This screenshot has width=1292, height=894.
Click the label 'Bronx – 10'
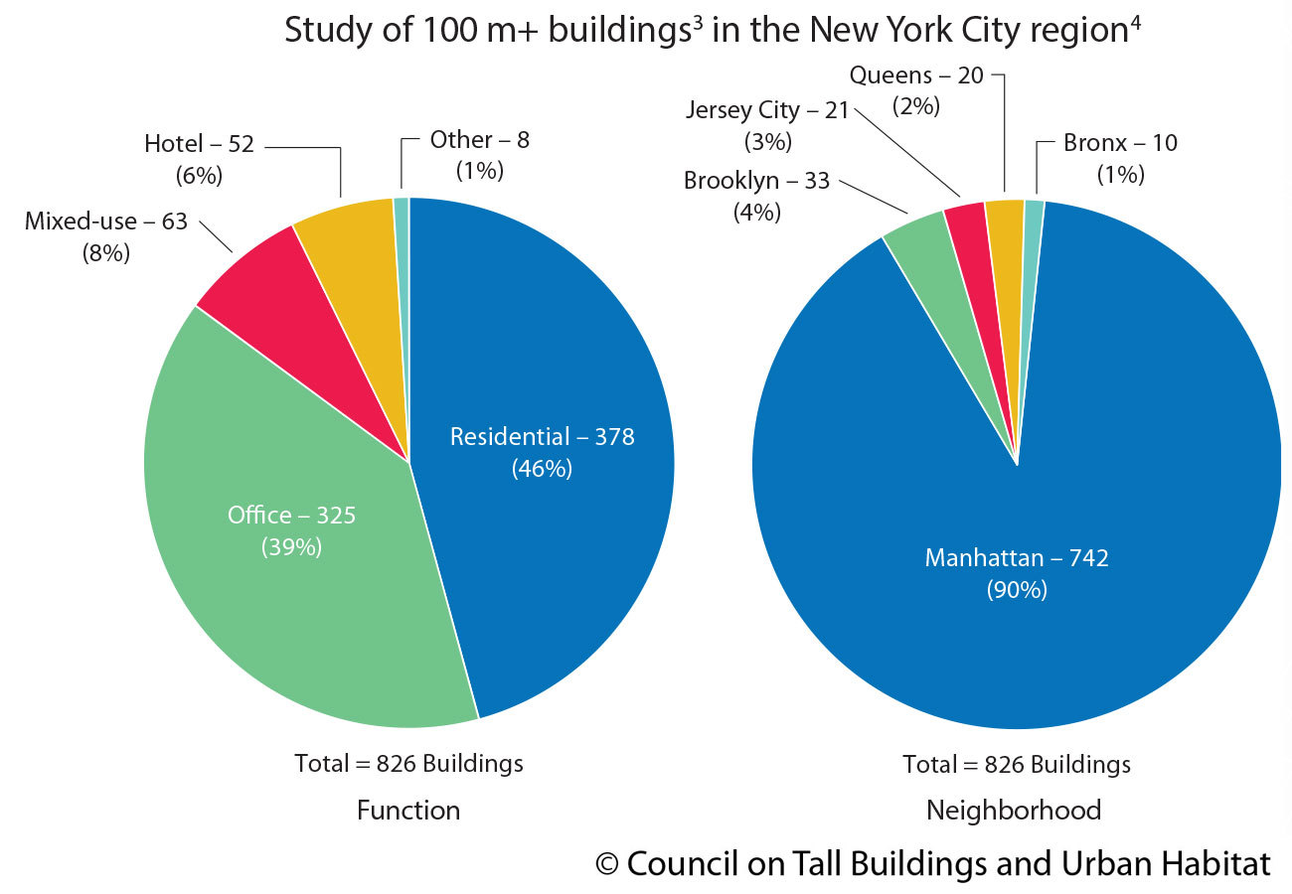click(x=1120, y=143)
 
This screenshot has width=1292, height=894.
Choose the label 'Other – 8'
click(x=479, y=140)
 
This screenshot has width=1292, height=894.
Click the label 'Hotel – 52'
click(x=199, y=144)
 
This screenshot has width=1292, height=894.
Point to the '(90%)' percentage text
click(x=1017, y=590)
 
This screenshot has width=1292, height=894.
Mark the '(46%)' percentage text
click(x=542, y=468)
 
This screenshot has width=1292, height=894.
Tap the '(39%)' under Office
click(x=291, y=546)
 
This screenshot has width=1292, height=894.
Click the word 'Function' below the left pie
click(x=408, y=811)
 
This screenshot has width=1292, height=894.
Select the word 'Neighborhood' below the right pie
click(x=1014, y=811)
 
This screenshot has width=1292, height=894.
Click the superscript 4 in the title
click(x=1134, y=20)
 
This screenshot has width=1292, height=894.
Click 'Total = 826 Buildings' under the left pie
click(x=408, y=763)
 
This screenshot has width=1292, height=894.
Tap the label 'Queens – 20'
click(x=916, y=75)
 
